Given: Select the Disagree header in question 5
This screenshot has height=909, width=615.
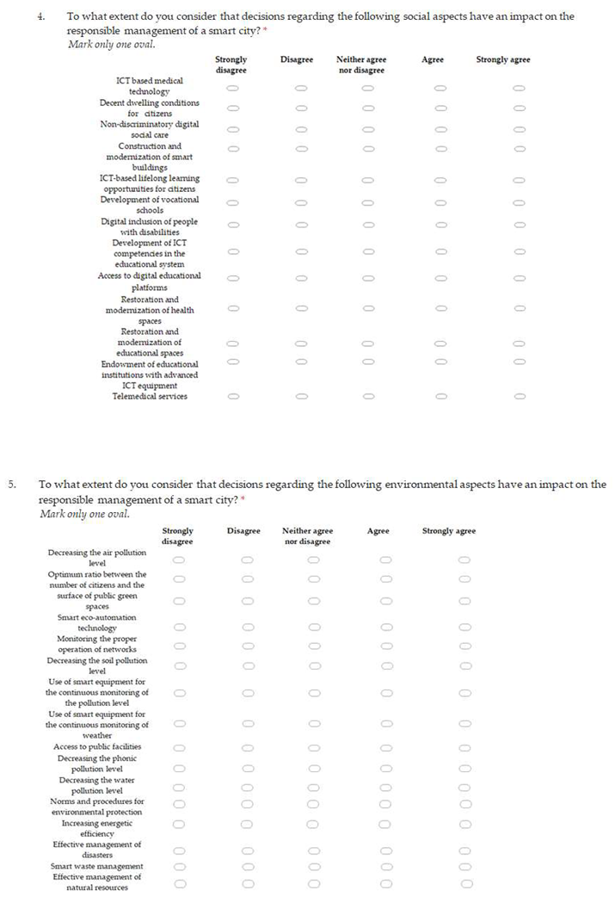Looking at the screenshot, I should [243, 531].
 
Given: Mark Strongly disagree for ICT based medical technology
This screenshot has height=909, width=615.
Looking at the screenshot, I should [232, 88].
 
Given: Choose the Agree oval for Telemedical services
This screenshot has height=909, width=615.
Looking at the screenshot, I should [440, 397].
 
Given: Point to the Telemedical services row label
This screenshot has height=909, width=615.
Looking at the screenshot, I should [150, 396].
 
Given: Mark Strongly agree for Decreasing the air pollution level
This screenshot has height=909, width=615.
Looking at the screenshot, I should [464, 560].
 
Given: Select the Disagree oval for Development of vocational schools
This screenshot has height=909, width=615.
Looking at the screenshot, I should [300, 204].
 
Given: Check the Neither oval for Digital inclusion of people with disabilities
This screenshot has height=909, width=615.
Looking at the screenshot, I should [367, 226].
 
